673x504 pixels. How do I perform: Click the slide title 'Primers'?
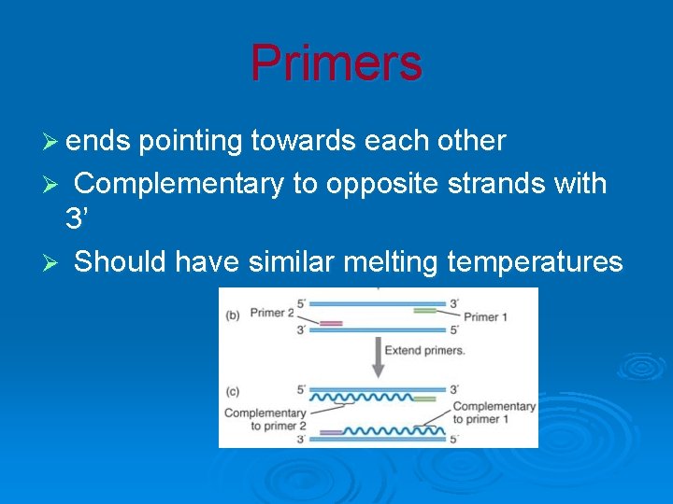click(336, 63)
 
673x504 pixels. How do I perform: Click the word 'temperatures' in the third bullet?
click(535, 262)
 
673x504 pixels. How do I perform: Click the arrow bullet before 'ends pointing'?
click(53, 142)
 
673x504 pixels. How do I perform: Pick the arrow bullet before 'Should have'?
click(53, 263)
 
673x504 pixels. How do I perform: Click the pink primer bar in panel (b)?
click(331, 323)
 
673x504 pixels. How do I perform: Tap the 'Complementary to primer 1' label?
click(494, 413)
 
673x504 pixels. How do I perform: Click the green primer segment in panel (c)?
click(424, 399)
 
